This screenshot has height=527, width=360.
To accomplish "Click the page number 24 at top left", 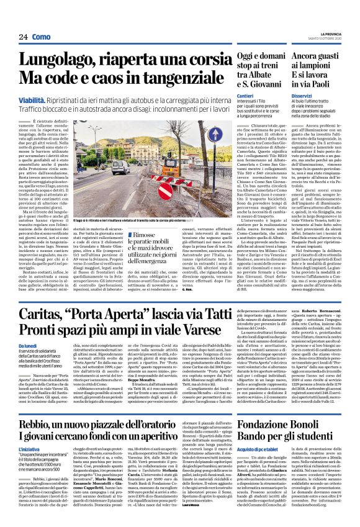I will point(23,37).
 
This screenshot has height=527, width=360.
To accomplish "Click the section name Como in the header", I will point(41,37).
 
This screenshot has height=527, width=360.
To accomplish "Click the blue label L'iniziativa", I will point(32,464).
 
